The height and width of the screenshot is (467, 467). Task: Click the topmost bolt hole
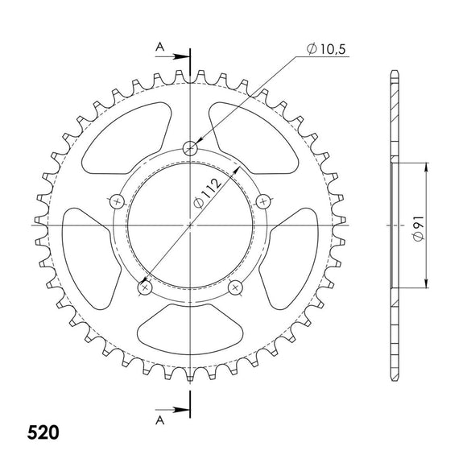point(191,147)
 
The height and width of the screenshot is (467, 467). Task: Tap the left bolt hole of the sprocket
point(118,200)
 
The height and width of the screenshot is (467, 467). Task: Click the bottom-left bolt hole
point(146,286)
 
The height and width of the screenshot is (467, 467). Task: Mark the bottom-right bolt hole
point(236,286)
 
